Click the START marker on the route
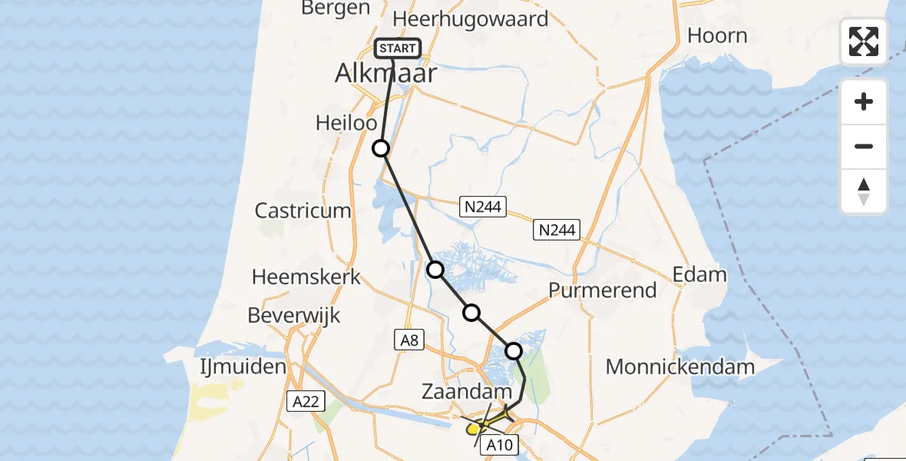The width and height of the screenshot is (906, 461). pyautogui.click(x=398, y=49)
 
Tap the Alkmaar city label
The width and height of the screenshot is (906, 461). pyautogui.click(x=385, y=74)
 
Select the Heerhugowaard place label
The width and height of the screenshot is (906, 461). pyautogui.click(x=471, y=19)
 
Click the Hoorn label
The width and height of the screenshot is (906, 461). pyautogui.click(x=717, y=35)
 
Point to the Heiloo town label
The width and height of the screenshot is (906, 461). pyautogui.click(x=346, y=123)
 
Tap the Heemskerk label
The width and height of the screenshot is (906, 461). pyautogui.click(x=306, y=277)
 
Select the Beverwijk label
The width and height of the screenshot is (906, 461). pyautogui.click(x=294, y=315)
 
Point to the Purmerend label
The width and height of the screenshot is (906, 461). pyautogui.click(x=603, y=290)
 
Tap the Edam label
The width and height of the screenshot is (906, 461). pyautogui.click(x=699, y=274)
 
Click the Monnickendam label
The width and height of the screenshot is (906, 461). pyautogui.click(x=680, y=367)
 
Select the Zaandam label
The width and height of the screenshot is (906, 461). pyautogui.click(x=467, y=392)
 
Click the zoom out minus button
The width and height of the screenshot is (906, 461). pyautogui.click(x=864, y=146)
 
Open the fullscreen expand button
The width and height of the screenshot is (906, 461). pyautogui.click(x=864, y=41)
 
